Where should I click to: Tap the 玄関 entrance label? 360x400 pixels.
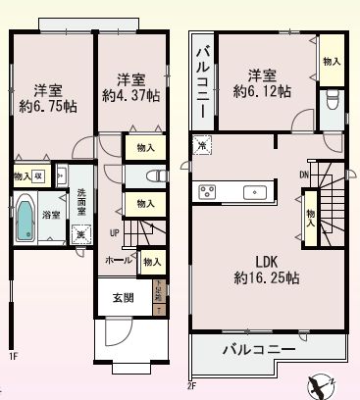[x=113, y=299]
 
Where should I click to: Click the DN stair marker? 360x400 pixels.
[x=304, y=175]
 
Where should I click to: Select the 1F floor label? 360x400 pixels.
[x=13, y=356]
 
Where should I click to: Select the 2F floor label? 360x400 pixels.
[x=192, y=385]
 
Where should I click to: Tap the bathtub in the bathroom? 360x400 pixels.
[x=26, y=216]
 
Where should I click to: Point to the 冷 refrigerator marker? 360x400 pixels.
[x=201, y=146]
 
